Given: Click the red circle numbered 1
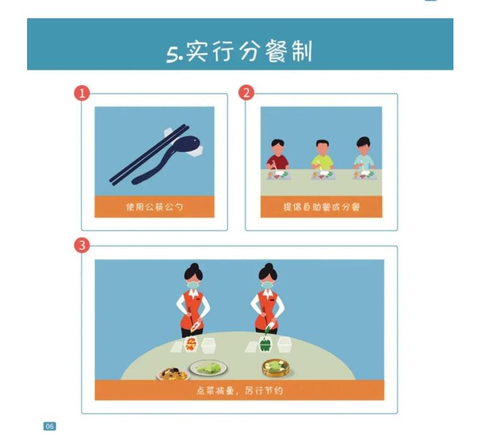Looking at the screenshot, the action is coord(82,93).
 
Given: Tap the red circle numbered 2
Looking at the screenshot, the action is coord(246,92).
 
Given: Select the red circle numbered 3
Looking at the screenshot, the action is coord(82,245).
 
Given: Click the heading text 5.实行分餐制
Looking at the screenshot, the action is coord(239,52).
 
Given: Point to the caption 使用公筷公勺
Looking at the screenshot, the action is coord(154,207).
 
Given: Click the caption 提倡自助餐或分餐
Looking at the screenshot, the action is coord(321,207).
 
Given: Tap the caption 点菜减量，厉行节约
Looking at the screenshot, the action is coord(239,391).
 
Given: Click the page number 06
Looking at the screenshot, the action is coord(50,426).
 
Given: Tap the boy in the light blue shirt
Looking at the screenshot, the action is coord(364,155).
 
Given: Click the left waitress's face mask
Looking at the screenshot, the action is coord(193,285).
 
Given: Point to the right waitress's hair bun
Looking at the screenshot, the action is coord(269,267).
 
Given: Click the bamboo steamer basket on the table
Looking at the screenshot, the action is coord(276,368).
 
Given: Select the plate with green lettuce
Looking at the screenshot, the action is coord(208,368).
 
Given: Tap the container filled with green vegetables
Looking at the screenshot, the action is coord(266,345).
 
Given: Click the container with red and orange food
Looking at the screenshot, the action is coord(190,344).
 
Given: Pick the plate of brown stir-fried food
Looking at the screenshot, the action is coord(173,374).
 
